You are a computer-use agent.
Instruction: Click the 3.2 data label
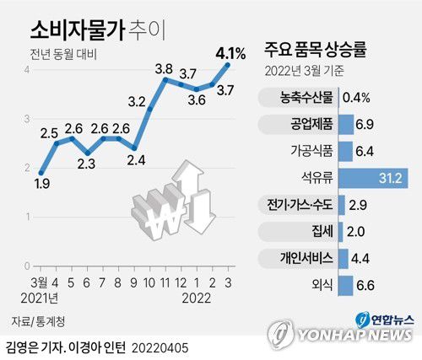pos(137,103)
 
